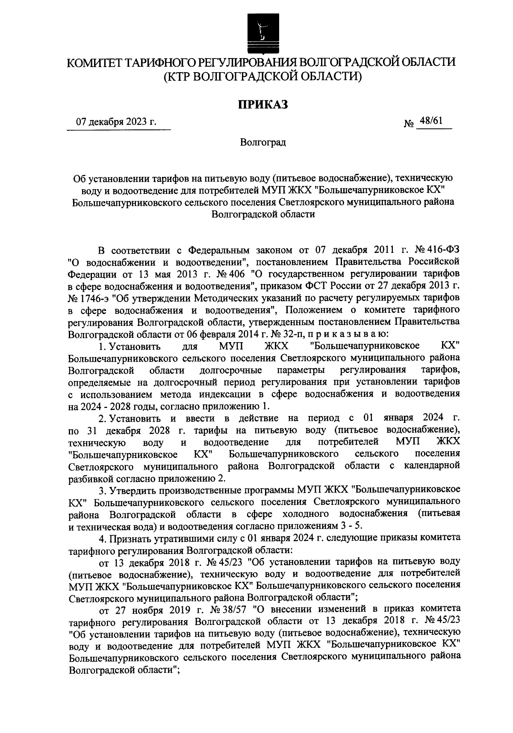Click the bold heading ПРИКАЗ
(x=262, y=104)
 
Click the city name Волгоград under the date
(x=262, y=142)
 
